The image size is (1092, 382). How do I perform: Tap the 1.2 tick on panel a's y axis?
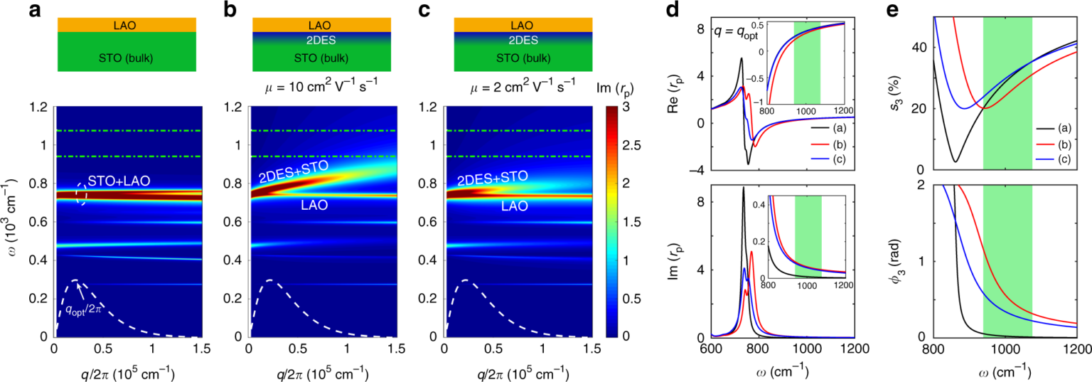pos(41,107)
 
